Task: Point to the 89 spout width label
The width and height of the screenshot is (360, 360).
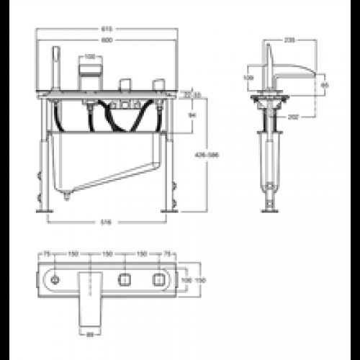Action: (x=90, y=333)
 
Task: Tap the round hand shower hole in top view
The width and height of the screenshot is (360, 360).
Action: (x=55, y=278)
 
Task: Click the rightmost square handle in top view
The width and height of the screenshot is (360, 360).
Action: (x=157, y=278)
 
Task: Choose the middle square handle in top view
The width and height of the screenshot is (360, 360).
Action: (x=123, y=278)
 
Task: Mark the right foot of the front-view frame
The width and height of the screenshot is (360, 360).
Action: (x=173, y=209)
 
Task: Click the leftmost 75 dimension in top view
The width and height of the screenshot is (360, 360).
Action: (x=47, y=254)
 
